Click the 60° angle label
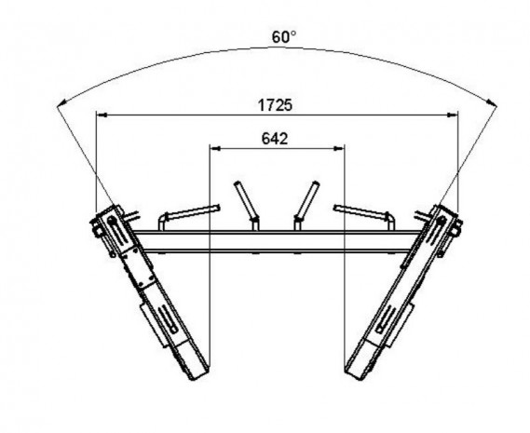point(284,37)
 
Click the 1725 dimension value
point(275,105)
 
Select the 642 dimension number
point(275,139)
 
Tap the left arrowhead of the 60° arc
point(61,103)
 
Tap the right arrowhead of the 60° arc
point(493,102)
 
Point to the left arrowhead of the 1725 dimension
point(102,115)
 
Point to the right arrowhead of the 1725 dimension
point(453,115)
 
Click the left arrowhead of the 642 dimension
point(215,148)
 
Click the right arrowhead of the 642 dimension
point(339,148)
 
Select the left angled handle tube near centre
point(247,204)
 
